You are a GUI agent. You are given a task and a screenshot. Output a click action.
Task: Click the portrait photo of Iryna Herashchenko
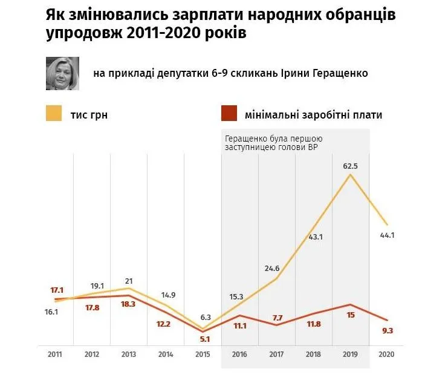tap(63, 73)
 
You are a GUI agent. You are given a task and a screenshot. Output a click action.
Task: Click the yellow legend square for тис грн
tap(54, 114)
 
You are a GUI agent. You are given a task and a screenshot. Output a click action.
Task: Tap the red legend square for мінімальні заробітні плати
tap(228, 114)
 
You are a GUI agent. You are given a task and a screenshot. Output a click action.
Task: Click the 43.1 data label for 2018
tap(315, 237)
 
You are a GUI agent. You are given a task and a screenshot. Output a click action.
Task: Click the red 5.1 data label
tap(204, 339)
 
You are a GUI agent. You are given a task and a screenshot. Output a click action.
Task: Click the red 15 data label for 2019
tap(350, 315)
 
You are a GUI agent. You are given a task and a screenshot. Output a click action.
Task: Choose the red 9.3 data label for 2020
tap(386, 330)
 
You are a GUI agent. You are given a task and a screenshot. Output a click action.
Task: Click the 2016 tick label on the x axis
tap(240, 355)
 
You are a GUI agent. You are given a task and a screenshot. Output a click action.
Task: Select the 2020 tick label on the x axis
tap(386, 355)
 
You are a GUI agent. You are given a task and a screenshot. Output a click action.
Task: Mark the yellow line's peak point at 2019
tap(349, 175)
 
